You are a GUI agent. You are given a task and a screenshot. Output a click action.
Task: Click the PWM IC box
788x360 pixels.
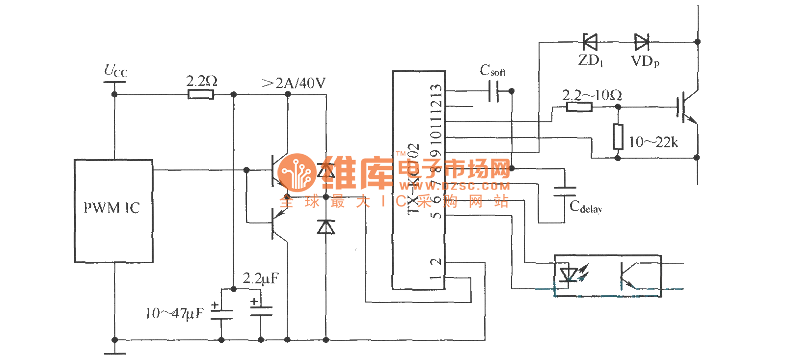tap(113, 211)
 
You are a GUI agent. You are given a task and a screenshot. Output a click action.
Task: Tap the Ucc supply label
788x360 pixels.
tap(115, 71)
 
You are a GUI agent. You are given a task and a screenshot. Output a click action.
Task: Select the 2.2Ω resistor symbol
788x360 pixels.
tap(201, 94)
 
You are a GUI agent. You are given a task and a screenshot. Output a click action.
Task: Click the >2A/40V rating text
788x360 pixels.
tap(294, 83)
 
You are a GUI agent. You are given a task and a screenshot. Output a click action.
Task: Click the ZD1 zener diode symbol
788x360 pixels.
tap(590, 42)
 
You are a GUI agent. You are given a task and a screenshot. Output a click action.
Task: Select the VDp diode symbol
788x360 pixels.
tap(642, 42)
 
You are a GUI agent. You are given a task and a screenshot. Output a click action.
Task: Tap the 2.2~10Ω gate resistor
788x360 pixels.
tap(579, 107)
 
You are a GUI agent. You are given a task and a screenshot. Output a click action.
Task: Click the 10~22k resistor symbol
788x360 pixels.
tap(618, 137)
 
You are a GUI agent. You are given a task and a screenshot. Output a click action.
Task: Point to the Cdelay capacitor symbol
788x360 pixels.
tap(565, 192)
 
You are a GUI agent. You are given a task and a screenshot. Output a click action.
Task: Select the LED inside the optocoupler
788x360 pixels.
tap(569, 274)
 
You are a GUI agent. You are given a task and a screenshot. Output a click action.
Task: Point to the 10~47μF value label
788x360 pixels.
tap(174, 313)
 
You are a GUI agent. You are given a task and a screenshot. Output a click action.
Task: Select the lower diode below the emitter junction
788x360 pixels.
tap(326, 227)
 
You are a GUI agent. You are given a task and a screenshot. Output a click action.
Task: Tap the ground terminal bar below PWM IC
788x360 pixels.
tap(115, 353)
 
